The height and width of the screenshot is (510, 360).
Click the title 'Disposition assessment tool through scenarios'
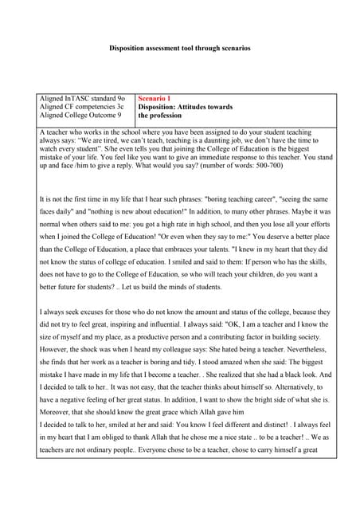point(180,48)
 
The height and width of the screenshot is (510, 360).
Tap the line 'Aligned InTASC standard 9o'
point(82,98)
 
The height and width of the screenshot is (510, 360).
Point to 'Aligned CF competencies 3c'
point(81,107)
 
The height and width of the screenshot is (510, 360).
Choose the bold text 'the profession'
point(160,116)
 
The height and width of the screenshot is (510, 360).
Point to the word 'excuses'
point(89,312)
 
